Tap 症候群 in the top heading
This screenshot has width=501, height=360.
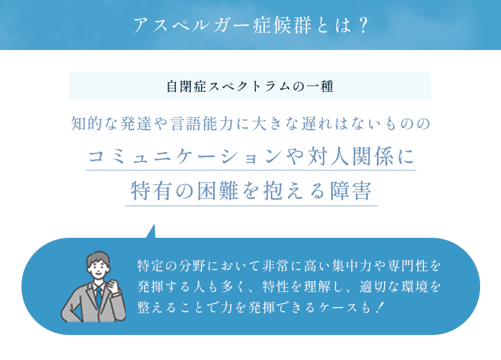point(282,25)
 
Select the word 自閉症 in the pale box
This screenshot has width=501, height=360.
point(186,86)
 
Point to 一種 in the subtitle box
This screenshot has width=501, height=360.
point(320,86)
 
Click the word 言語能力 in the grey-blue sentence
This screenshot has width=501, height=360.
point(202,124)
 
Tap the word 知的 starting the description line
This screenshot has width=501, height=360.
point(86,124)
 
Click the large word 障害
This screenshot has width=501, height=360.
point(351,191)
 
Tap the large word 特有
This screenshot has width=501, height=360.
point(151,191)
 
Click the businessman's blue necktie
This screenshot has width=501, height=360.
point(99,297)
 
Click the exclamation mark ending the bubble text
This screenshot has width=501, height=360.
point(379,308)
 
